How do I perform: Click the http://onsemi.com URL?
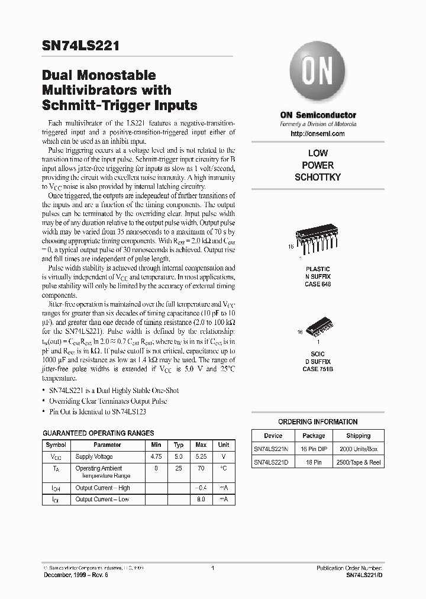[318, 134]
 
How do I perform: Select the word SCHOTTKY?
[318, 177]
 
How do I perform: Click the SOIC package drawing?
[318, 329]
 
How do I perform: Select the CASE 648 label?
[318, 284]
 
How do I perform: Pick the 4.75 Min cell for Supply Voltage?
[156, 457]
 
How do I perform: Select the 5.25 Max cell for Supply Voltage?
[201, 457]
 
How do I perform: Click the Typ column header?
[179, 445]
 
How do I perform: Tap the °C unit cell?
[224, 468]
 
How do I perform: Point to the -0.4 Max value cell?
[201, 488]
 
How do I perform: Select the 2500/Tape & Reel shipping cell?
[359, 462]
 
